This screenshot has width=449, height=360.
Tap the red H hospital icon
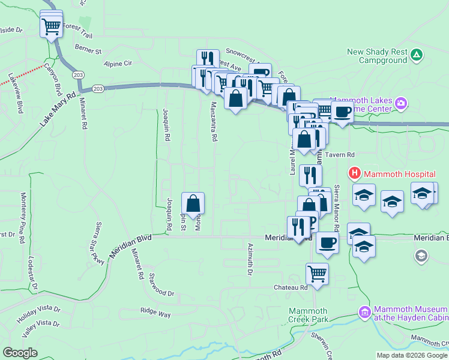[x=354, y=174]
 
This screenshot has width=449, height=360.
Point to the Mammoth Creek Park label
[x=309, y=315]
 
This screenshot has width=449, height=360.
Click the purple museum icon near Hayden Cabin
[x=364, y=313]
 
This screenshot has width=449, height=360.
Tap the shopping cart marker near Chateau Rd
[x=317, y=274]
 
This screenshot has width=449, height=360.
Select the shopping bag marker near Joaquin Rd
[x=193, y=203]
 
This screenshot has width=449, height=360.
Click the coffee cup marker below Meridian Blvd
[x=327, y=242]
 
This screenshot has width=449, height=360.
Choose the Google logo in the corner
[x=20, y=353]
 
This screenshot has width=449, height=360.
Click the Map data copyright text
[x=411, y=355]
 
